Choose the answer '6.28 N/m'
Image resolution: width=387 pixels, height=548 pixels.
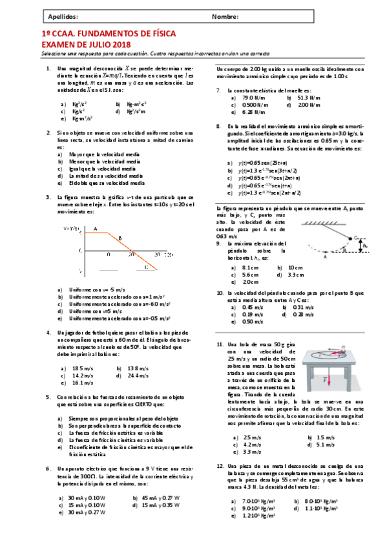click(x=247, y=112)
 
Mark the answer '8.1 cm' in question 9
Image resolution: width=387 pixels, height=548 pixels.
click(x=247, y=267)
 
